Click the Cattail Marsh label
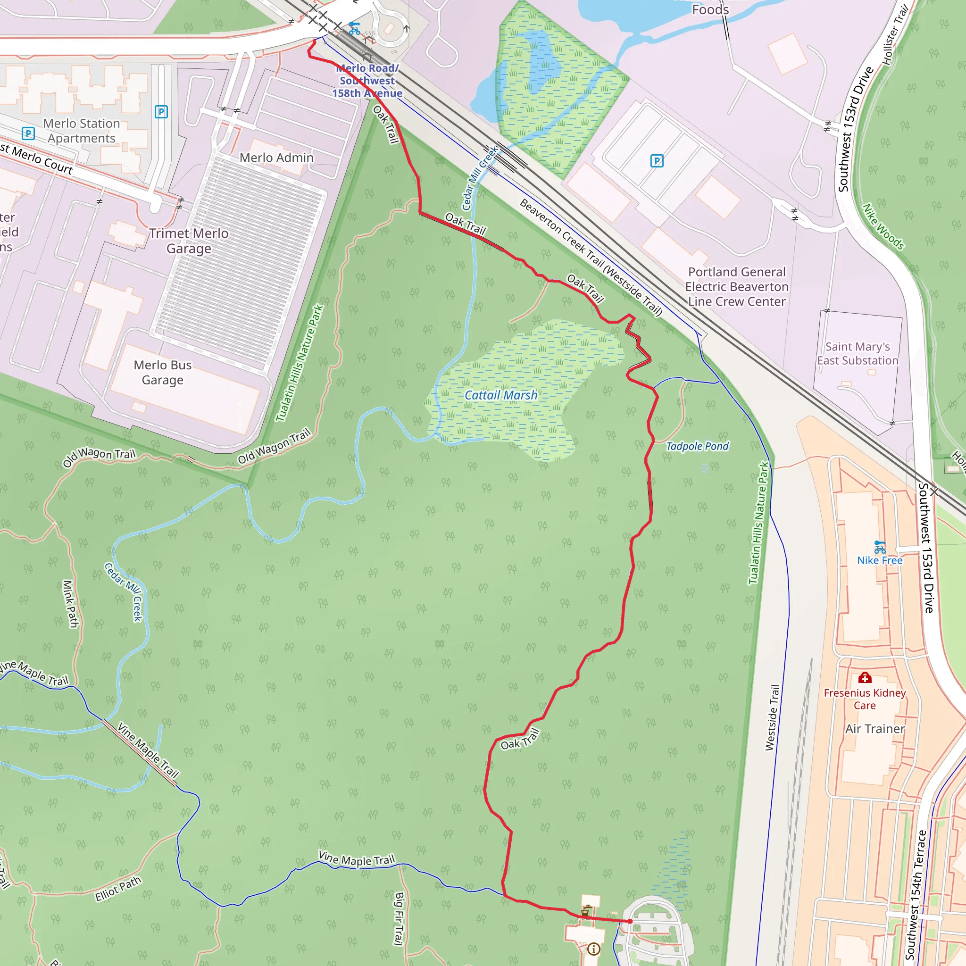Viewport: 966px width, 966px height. (x=500, y=395)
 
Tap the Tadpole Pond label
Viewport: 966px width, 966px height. (x=697, y=446)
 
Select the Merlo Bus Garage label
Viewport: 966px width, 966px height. (x=163, y=373)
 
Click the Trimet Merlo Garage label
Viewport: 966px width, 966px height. (x=189, y=241)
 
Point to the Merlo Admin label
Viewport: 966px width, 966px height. (x=276, y=158)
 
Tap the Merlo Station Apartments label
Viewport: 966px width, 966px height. (x=82, y=131)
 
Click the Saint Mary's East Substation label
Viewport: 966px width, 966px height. (x=858, y=353)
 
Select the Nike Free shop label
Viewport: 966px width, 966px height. (x=880, y=560)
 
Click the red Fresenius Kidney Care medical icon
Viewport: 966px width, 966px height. (x=865, y=677)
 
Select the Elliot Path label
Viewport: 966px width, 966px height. (x=118, y=889)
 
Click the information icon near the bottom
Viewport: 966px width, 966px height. (x=593, y=949)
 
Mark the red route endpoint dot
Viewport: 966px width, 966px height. (x=630, y=921)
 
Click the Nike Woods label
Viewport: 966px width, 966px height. (x=883, y=226)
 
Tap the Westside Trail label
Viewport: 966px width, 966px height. (x=772, y=717)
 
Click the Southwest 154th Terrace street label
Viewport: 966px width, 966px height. (x=916, y=895)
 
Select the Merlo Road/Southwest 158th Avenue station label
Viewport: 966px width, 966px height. (x=367, y=81)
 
